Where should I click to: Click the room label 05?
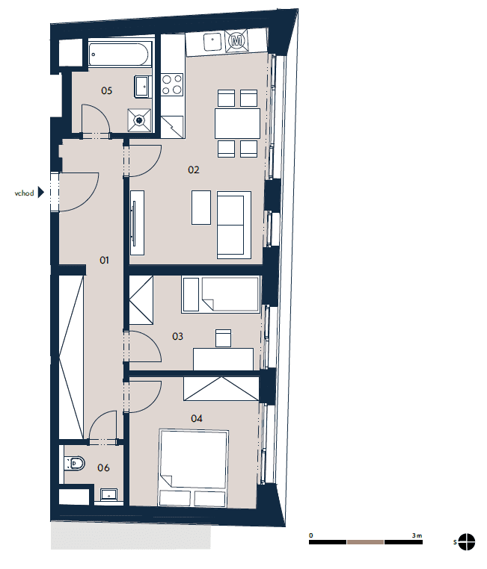click(x=106, y=90)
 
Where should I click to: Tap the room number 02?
click(x=193, y=170)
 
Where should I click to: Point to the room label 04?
click(x=196, y=418)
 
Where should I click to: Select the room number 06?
click(x=103, y=467)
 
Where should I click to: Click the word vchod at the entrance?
click(x=24, y=193)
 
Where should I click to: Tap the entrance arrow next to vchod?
click(x=40, y=193)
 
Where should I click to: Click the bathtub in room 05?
click(x=119, y=55)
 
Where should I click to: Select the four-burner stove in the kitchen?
click(x=172, y=84)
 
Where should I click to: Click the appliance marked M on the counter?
click(x=236, y=40)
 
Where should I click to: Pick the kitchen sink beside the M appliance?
click(x=212, y=42)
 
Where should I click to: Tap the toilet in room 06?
click(x=75, y=464)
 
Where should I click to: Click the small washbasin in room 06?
click(x=108, y=494)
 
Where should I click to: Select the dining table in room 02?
click(x=237, y=123)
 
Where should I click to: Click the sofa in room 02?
click(x=234, y=225)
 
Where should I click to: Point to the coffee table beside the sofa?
click(x=201, y=208)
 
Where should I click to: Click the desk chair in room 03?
click(x=223, y=338)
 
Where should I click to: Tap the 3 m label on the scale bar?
click(x=417, y=535)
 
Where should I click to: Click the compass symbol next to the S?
click(x=467, y=542)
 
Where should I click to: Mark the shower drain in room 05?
click(x=139, y=119)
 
